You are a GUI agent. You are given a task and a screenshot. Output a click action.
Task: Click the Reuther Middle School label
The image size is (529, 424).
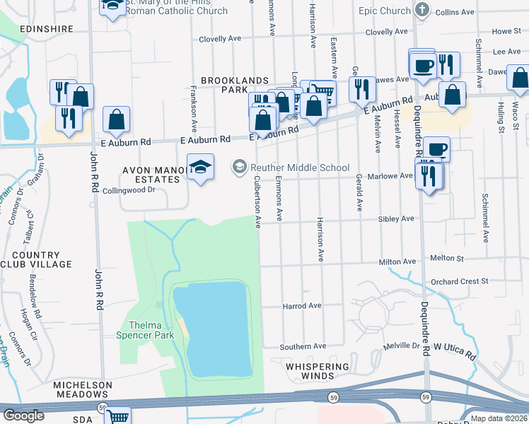pos(298,167)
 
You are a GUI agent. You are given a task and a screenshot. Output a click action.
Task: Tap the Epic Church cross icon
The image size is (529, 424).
pos(422,10)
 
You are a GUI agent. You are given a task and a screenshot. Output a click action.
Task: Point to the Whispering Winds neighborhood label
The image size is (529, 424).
pos(318,372)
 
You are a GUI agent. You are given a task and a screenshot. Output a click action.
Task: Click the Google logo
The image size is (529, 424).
pos(23,416)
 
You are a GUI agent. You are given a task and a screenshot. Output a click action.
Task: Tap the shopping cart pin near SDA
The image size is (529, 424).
pos(117,417)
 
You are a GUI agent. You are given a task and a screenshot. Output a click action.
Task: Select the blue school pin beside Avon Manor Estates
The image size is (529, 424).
pos(201,168)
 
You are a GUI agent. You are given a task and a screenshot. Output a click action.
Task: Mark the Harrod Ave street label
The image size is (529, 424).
pos(302,306)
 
